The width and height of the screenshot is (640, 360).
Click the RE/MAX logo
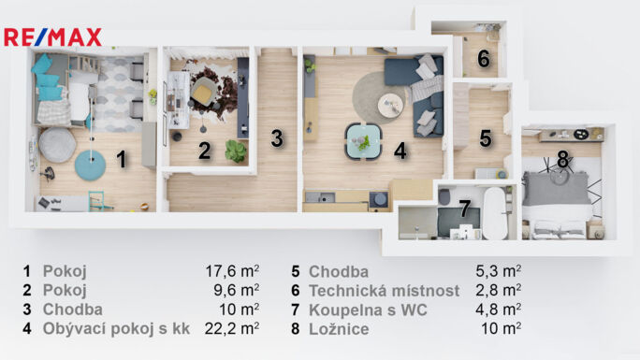52,37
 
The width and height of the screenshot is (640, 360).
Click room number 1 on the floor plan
121,160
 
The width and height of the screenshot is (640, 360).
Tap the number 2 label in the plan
203,150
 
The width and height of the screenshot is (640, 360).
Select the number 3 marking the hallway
276,138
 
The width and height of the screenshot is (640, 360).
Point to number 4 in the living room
400,150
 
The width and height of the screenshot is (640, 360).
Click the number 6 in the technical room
483,59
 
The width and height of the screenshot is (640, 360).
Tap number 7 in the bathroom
463,209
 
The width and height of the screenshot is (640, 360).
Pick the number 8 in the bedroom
562,160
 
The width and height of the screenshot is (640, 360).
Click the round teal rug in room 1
91,166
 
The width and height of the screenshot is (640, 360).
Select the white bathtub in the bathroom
494,214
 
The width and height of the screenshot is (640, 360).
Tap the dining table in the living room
362,141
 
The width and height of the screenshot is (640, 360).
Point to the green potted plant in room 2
236,151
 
